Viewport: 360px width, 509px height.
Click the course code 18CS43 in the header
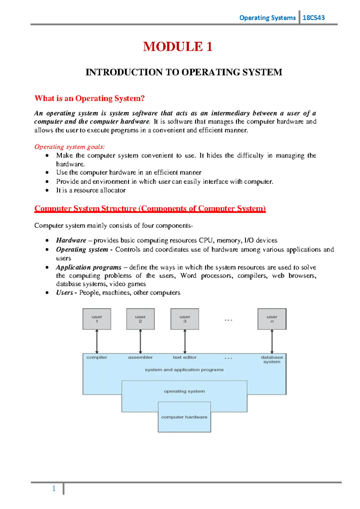(313, 18)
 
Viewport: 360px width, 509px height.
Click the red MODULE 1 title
(178, 47)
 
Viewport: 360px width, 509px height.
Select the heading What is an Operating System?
(89, 98)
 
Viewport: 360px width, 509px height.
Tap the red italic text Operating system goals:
(70, 147)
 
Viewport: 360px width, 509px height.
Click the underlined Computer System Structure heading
(150, 209)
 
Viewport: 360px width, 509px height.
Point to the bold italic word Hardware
(71, 240)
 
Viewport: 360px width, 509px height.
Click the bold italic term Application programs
(88, 267)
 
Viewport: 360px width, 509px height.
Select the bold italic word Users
(64, 293)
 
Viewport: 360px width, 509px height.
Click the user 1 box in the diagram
(97, 319)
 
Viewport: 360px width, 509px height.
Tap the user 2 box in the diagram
(140, 319)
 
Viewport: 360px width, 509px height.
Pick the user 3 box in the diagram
(185, 319)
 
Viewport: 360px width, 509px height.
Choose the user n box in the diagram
(272, 319)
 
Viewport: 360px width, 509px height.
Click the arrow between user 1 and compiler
(97, 342)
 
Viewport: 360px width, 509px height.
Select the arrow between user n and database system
(272, 342)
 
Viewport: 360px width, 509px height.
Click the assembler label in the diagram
(140, 357)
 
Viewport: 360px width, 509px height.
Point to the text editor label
(184, 357)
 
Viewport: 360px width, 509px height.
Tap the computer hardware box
(184, 417)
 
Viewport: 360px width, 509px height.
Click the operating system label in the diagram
(184, 391)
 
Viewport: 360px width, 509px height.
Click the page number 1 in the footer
(54, 489)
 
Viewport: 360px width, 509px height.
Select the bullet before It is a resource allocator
(47, 190)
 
